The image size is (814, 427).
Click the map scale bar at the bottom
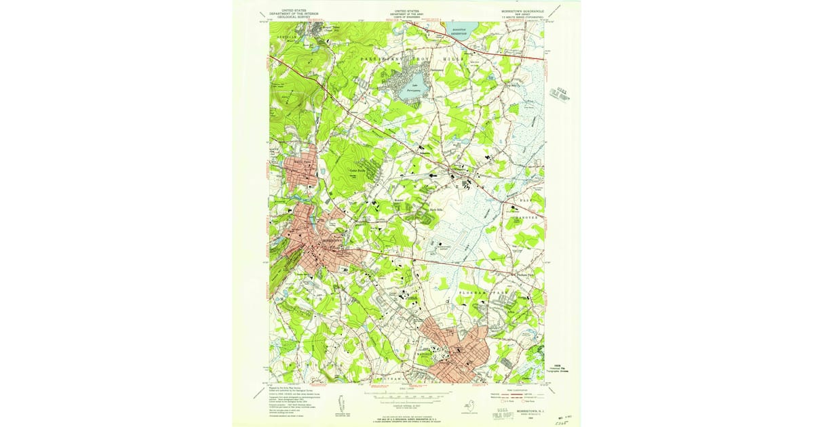407,394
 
